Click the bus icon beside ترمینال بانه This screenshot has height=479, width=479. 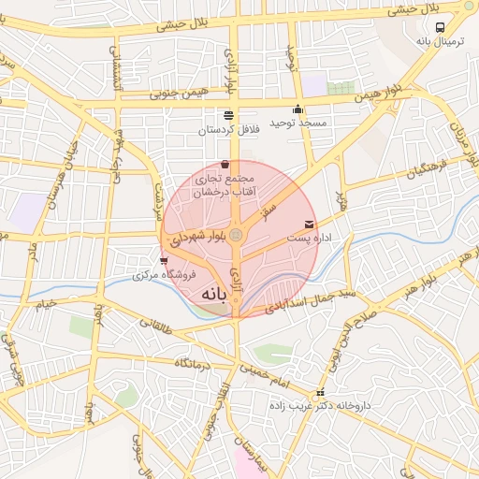(441, 27)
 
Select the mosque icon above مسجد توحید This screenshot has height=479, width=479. (298, 109)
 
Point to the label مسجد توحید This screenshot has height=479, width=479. (298, 123)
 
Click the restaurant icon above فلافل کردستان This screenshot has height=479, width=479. (229, 115)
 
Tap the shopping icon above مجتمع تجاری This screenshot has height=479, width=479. (225, 165)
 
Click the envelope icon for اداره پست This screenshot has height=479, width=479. (310, 224)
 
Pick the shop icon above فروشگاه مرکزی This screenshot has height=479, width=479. (165, 261)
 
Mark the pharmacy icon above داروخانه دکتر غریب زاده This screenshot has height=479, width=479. (321, 393)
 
